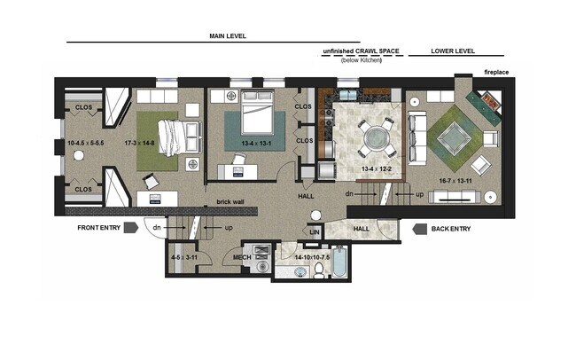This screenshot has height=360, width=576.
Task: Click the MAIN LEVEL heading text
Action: click(x=227, y=36)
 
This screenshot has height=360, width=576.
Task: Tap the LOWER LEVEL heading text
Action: click(x=452, y=51)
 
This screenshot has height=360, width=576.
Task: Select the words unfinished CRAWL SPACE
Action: click(x=362, y=51)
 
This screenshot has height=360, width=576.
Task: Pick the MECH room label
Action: click(x=242, y=258)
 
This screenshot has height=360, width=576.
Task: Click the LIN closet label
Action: click(x=314, y=232)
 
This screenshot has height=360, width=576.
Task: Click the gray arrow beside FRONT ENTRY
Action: click(x=130, y=228)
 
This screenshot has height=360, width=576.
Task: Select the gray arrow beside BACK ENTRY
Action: click(x=418, y=228)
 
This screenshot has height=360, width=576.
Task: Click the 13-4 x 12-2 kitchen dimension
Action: click(x=376, y=168)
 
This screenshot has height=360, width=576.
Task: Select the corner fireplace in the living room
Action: click(x=487, y=106)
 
